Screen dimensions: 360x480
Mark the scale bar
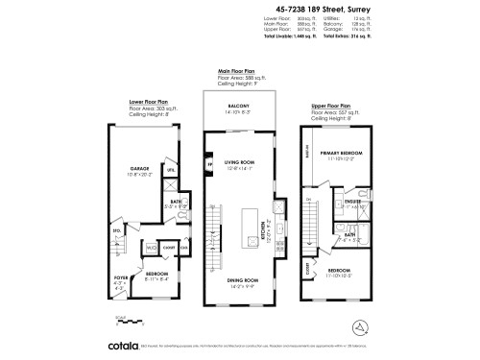point(121,320)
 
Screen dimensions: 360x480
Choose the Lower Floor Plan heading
point(149,99)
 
